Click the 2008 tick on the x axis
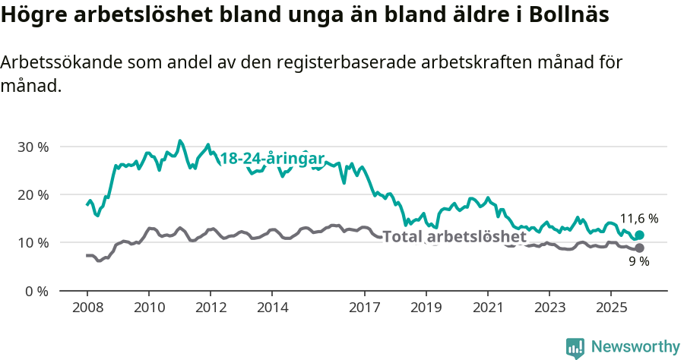[87, 308]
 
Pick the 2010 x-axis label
[148, 308]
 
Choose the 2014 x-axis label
[272, 308]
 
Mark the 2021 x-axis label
[487, 308]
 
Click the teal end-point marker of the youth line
[639, 235]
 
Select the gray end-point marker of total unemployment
[639, 248]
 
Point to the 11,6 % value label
[639, 219]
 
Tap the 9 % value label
[639, 262]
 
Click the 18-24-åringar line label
[272, 159]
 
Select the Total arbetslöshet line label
[454, 237]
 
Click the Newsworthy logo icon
[575, 348]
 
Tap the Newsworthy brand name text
[635, 347]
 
